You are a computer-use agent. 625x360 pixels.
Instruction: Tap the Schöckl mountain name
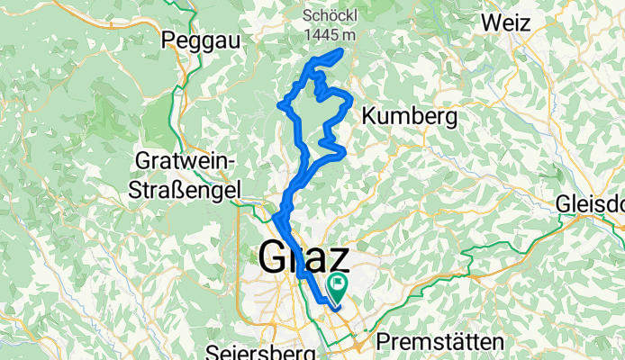331,15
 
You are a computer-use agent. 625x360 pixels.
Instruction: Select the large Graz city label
303,257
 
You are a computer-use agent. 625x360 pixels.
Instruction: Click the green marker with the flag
339,287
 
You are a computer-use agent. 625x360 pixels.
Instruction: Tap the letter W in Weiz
491,22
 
